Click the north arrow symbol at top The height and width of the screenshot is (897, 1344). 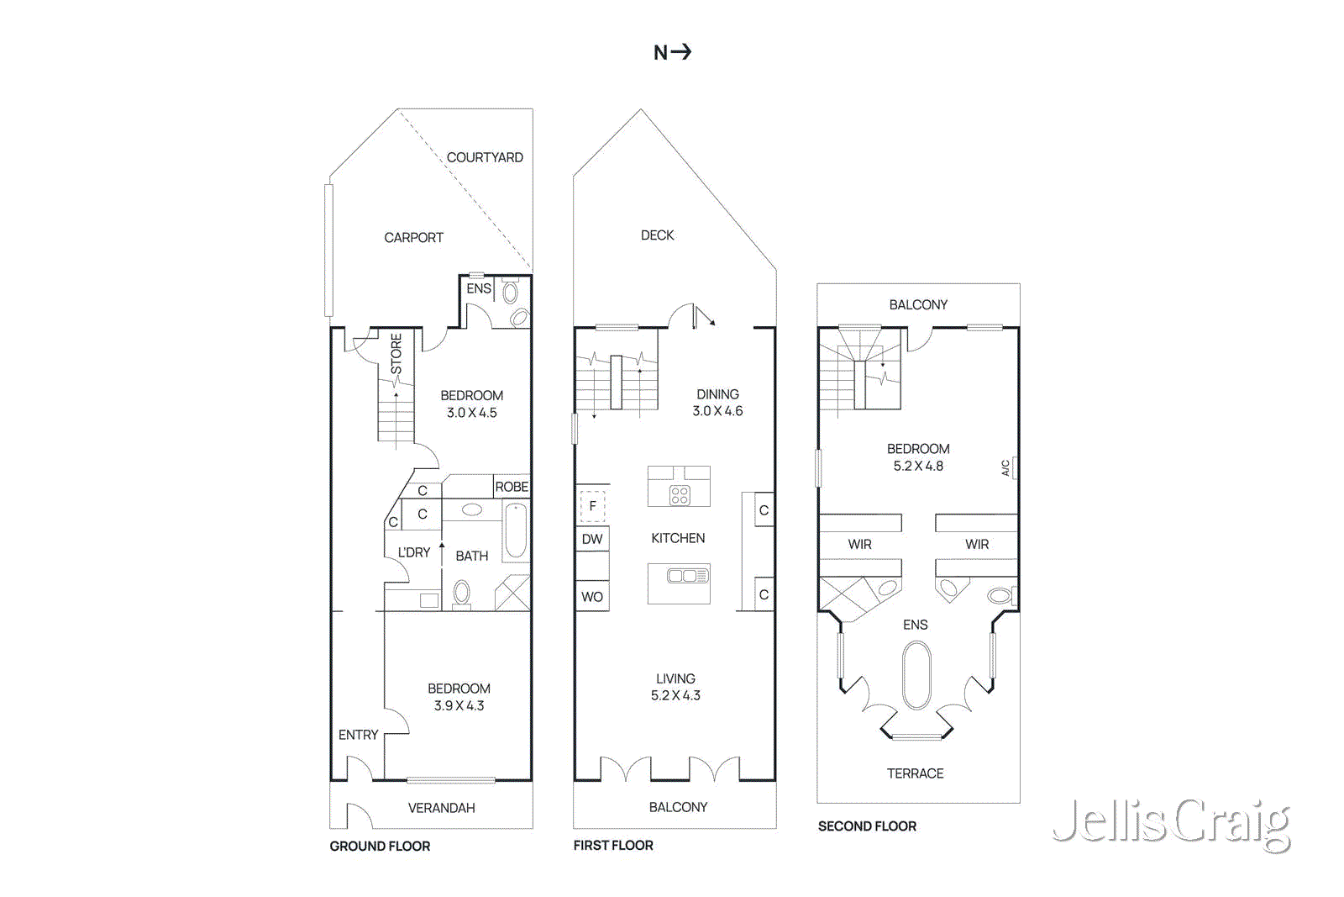pyautogui.click(x=673, y=52)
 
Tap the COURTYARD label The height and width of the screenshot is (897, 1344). pyautogui.click(x=485, y=157)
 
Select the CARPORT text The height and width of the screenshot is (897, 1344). pyautogui.click(x=413, y=238)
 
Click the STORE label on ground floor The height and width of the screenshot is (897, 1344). pyautogui.click(x=396, y=354)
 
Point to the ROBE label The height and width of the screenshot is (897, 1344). pyautogui.click(x=512, y=487)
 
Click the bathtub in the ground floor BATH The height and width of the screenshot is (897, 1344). pyautogui.click(x=516, y=530)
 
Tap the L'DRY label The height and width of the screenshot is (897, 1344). pyautogui.click(x=414, y=552)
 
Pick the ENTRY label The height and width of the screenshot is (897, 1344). pyautogui.click(x=358, y=735)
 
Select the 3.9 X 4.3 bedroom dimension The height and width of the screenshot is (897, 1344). pyautogui.click(x=459, y=706)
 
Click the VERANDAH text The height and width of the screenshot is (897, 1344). pyautogui.click(x=441, y=808)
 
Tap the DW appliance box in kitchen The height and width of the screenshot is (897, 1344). pyautogui.click(x=592, y=539)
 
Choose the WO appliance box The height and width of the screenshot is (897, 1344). pyautogui.click(x=592, y=597)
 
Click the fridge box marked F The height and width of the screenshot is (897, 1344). pyautogui.click(x=592, y=506)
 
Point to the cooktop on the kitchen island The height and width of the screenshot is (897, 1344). pyautogui.click(x=680, y=495)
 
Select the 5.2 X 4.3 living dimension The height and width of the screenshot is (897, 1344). pyautogui.click(x=675, y=696)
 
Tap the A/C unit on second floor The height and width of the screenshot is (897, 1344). pyautogui.click(x=1014, y=467)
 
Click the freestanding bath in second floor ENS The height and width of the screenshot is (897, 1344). pyautogui.click(x=916, y=676)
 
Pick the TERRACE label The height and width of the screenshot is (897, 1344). pyautogui.click(x=915, y=773)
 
